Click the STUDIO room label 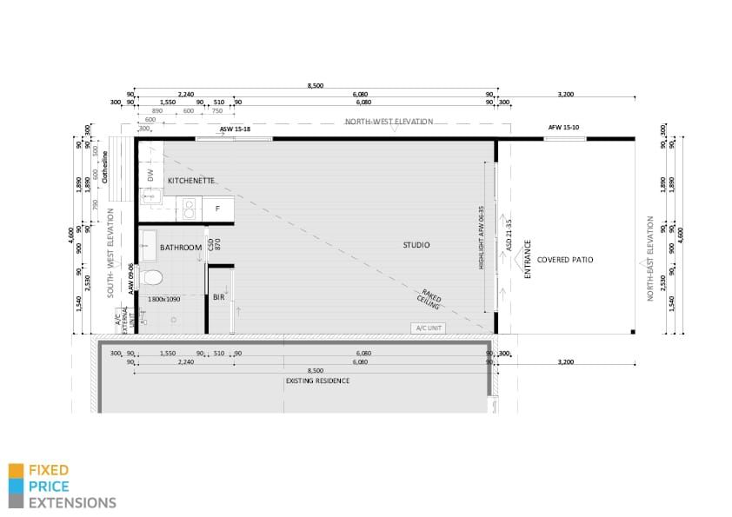click(416, 245)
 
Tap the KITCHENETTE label click(190, 180)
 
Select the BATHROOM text click(181, 248)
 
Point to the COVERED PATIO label click(565, 259)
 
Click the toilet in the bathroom click(152, 278)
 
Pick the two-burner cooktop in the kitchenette click(188, 209)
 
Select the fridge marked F click(217, 209)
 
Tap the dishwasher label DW click(150, 176)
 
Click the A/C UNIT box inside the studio click(429, 328)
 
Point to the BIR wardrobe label click(219, 297)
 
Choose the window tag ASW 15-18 click(235, 129)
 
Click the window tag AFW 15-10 click(563, 128)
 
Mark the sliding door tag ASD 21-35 click(509, 235)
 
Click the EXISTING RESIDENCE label click(317, 381)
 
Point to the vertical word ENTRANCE click(526, 259)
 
